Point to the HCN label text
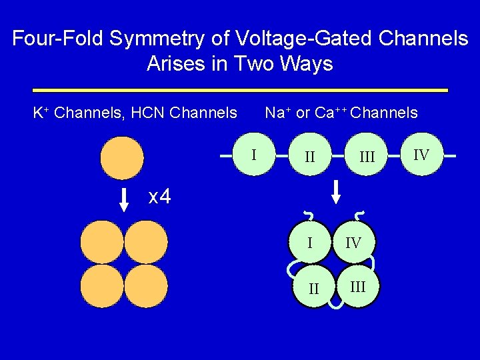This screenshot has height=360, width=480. tap(149, 113)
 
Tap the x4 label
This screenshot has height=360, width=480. tap(159, 197)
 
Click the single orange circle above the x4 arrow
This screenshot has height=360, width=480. tap(121, 158)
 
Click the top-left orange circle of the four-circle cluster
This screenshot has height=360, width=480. tap(102, 242)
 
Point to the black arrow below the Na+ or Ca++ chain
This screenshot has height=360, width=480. tap(337, 191)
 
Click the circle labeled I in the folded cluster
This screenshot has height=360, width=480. tap(311, 241)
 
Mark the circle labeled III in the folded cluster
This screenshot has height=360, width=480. tap(357, 286)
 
